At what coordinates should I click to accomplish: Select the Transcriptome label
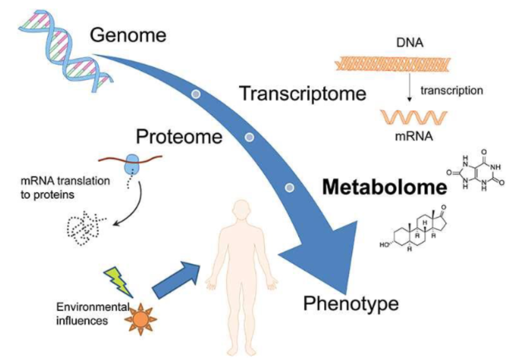302,93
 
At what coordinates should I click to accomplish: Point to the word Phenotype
351,303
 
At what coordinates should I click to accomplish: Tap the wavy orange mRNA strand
412,118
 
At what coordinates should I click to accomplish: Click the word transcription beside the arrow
451,91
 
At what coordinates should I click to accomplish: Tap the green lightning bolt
118,280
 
